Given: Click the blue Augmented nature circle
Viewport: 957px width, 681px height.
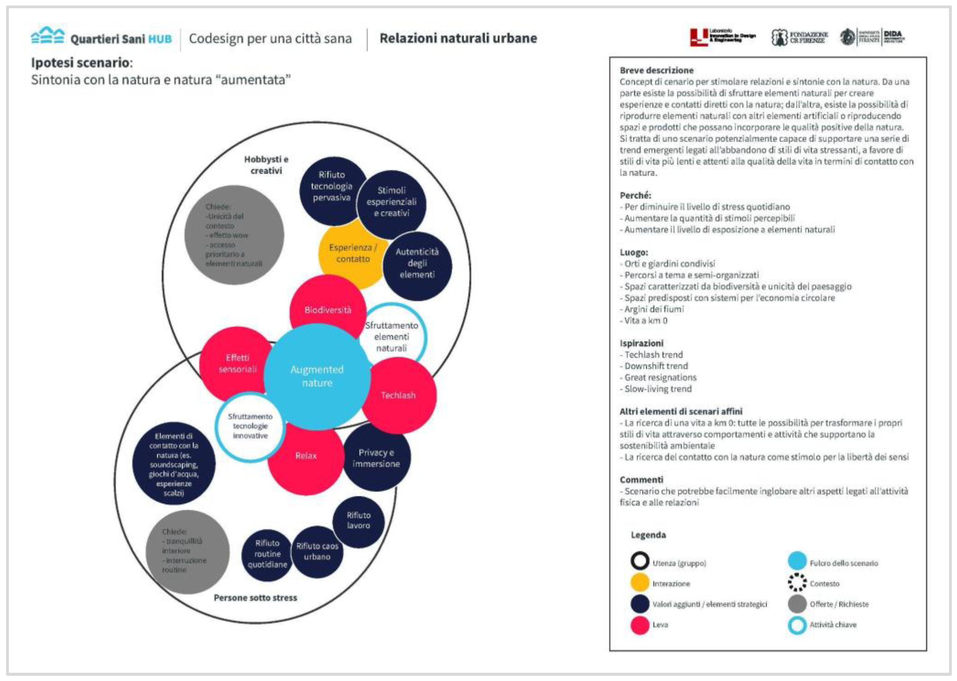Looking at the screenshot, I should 317,377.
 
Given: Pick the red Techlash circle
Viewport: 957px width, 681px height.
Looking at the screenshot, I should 399,395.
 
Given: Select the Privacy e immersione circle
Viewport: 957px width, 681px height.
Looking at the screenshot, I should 376,458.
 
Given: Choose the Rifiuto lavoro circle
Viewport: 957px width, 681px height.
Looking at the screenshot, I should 358,521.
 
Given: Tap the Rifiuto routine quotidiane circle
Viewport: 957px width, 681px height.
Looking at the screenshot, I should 267,554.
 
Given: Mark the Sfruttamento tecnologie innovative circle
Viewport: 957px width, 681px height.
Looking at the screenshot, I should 250,426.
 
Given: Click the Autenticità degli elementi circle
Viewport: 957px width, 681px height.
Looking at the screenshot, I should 417,263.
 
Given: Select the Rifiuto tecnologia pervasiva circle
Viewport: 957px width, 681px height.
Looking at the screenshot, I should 331,187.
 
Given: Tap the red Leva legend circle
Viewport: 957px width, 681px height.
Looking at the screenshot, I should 640,625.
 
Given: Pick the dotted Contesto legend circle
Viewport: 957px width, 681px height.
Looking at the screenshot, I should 797,583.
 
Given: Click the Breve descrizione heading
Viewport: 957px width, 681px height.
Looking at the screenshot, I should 656,70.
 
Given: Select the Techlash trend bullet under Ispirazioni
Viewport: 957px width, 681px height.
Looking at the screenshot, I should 653,355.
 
